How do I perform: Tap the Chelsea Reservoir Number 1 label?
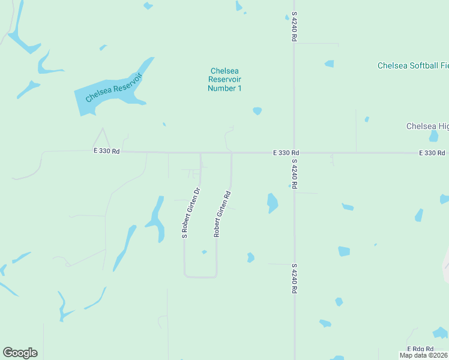[x=224, y=79]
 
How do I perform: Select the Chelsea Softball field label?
[x=412, y=65]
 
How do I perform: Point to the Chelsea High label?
[x=427, y=126]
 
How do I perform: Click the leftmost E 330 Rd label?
[x=106, y=152]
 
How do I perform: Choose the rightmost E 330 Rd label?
[x=432, y=153]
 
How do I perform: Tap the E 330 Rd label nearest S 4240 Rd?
[x=286, y=153]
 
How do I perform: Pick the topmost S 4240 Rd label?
[x=295, y=27]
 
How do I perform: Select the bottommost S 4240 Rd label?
[x=295, y=278]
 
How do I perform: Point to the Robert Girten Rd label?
[x=223, y=214]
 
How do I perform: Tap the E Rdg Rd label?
[x=420, y=349]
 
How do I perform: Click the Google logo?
[x=20, y=353]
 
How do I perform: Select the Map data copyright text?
[x=424, y=355]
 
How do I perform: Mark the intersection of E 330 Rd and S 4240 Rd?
[x=294, y=153]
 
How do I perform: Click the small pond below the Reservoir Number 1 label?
[x=258, y=111]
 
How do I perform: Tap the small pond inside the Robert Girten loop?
[x=204, y=252]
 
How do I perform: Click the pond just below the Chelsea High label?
[x=433, y=137]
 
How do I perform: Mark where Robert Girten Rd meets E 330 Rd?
[x=232, y=153]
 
